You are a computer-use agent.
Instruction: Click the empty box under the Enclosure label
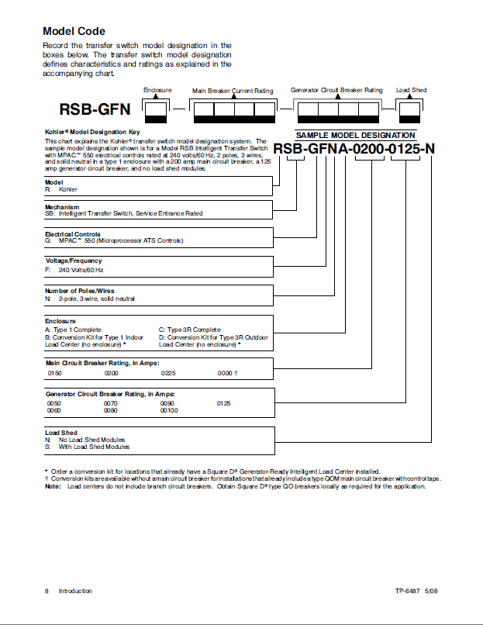click(157, 109)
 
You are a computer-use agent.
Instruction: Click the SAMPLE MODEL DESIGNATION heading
click(356, 135)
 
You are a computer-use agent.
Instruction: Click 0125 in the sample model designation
click(406, 149)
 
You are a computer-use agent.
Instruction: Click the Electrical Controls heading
click(72, 234)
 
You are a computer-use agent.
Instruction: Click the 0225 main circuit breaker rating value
click(168, 373)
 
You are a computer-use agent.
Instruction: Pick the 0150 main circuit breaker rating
click(54, 373)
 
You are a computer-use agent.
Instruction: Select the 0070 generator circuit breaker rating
click(111, 403)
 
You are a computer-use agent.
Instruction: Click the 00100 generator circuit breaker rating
click(170, 410)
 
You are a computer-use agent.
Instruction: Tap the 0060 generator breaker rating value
click(54, 410)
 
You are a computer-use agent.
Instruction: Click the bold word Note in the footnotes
click(52, 486)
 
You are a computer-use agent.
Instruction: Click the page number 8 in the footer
click(47, 592)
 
